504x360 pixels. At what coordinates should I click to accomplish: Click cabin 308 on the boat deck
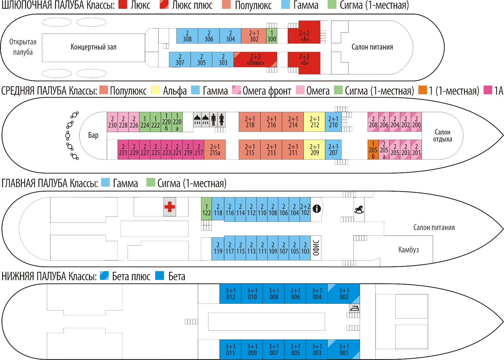(187, 36)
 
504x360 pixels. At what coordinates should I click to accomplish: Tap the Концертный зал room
(93, 47)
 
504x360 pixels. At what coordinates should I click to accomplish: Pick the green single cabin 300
(272, 36)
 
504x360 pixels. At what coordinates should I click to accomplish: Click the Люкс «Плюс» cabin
(255, 60)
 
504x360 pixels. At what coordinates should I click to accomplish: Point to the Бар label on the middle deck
(93, 135)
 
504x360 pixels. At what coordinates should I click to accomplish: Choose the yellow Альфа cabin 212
(314, 122)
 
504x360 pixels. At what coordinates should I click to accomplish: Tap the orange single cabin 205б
(373, 150)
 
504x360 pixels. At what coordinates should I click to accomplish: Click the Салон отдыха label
(442, 135)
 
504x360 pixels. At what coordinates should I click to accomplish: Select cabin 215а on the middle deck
(215, 150)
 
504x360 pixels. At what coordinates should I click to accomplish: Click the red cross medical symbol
(170, 207)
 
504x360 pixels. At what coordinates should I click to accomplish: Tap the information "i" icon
(316, 209)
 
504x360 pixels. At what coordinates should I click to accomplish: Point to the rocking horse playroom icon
(359, 209)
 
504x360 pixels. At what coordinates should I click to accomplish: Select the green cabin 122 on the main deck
(206, 209)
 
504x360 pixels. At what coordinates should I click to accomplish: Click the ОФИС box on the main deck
(316, 248)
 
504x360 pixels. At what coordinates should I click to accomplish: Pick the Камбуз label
(408, 250)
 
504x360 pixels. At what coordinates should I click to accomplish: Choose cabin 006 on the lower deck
(295, 294)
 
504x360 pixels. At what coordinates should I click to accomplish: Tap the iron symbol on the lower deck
(354, 308)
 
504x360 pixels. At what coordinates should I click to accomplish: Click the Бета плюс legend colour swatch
(104, 276)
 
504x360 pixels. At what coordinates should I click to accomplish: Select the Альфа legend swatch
(155, 90)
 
